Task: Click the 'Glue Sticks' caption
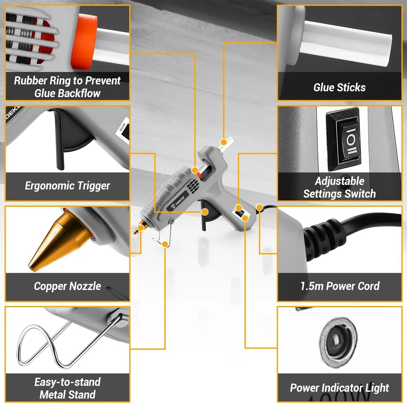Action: [340, 88]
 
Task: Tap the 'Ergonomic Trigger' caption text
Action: [67, 186]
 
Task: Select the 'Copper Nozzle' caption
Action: [67, 286]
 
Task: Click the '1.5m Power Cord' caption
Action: [340, 286]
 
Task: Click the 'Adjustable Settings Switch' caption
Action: [340, 187]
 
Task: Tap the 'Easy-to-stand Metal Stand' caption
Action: [67, 388]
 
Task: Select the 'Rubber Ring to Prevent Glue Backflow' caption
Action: [67, 87]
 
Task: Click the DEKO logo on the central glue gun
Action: [178, 202]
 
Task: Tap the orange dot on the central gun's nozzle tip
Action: [141, 228]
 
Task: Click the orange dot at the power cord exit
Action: [259, 208]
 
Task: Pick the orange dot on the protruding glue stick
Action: [224, 142]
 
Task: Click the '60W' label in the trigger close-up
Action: [122, 127]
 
